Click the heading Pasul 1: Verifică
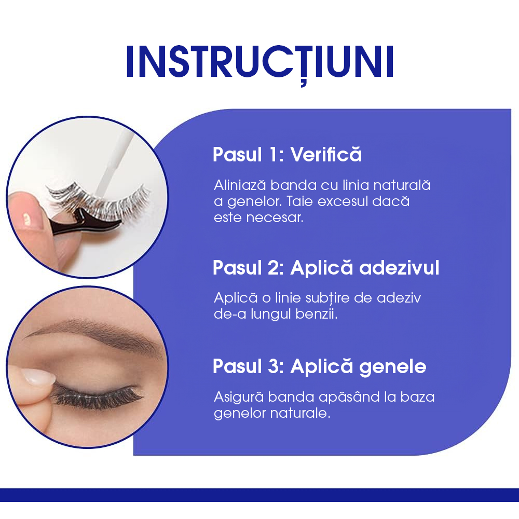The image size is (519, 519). pos(287,155)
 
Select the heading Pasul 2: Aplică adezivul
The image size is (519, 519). pos(326,268)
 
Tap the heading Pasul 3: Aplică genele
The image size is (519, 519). pos(319,366)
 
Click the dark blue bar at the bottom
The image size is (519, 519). pos(259,495)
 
